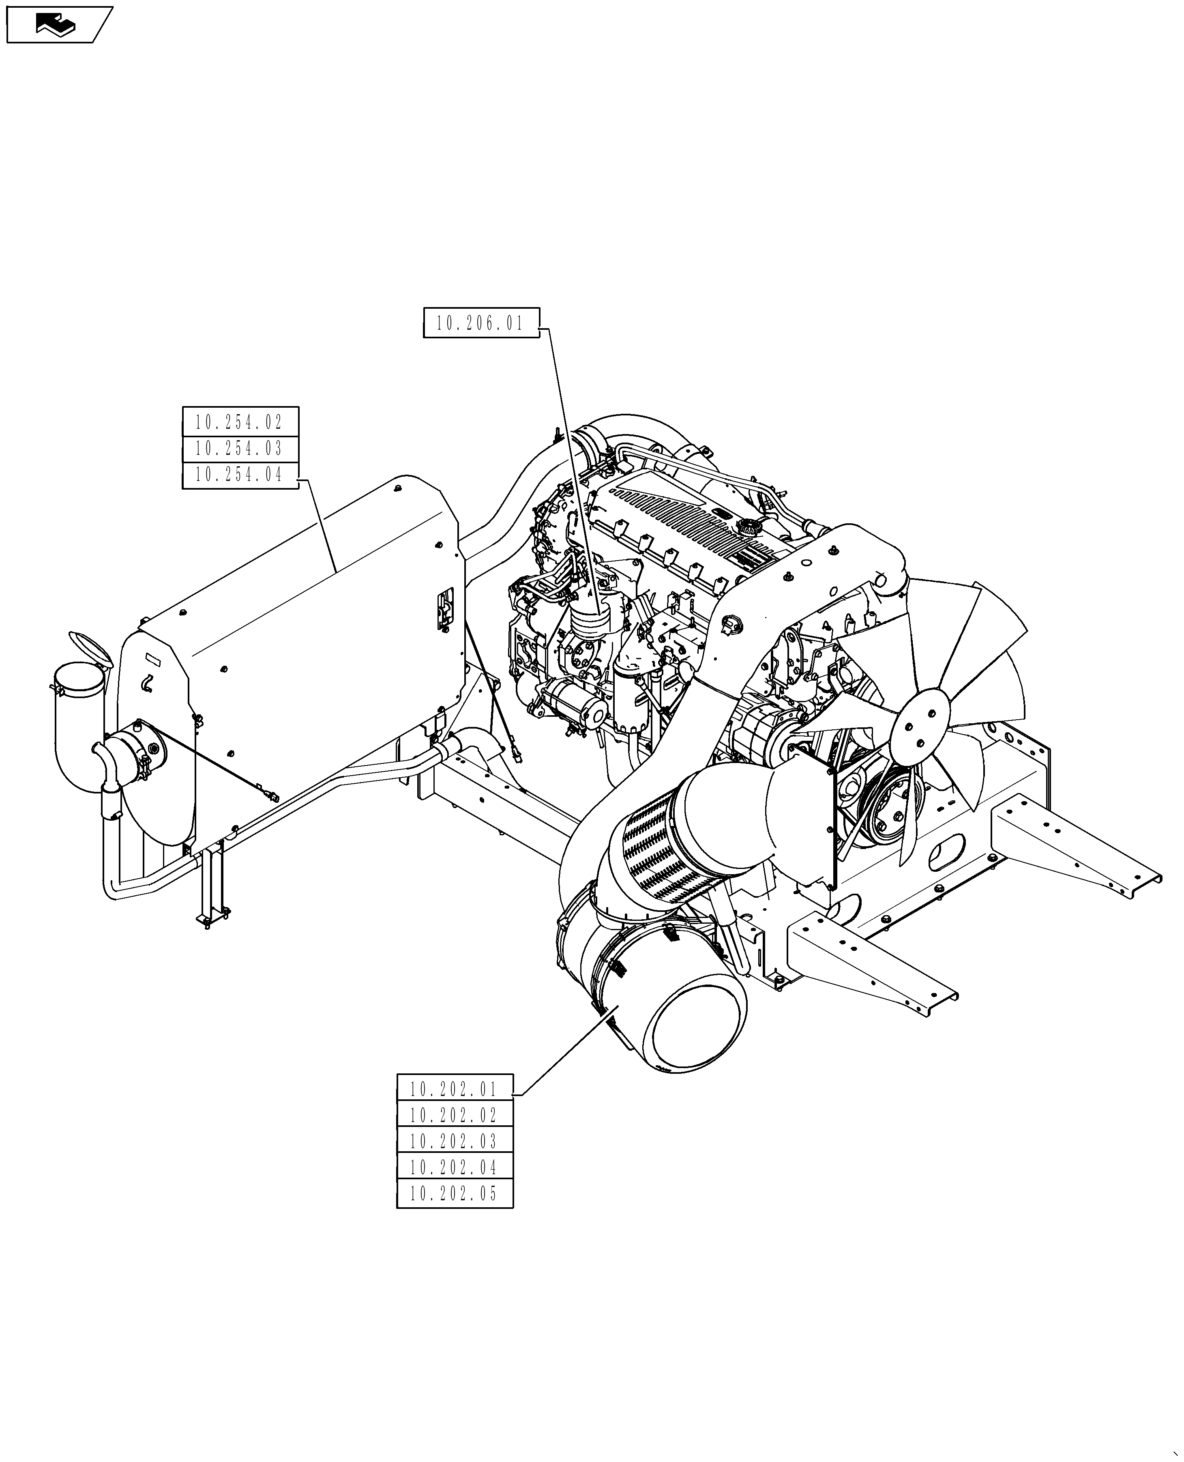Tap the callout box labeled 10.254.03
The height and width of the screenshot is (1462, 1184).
pyautogui.click(x=240, y=448)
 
